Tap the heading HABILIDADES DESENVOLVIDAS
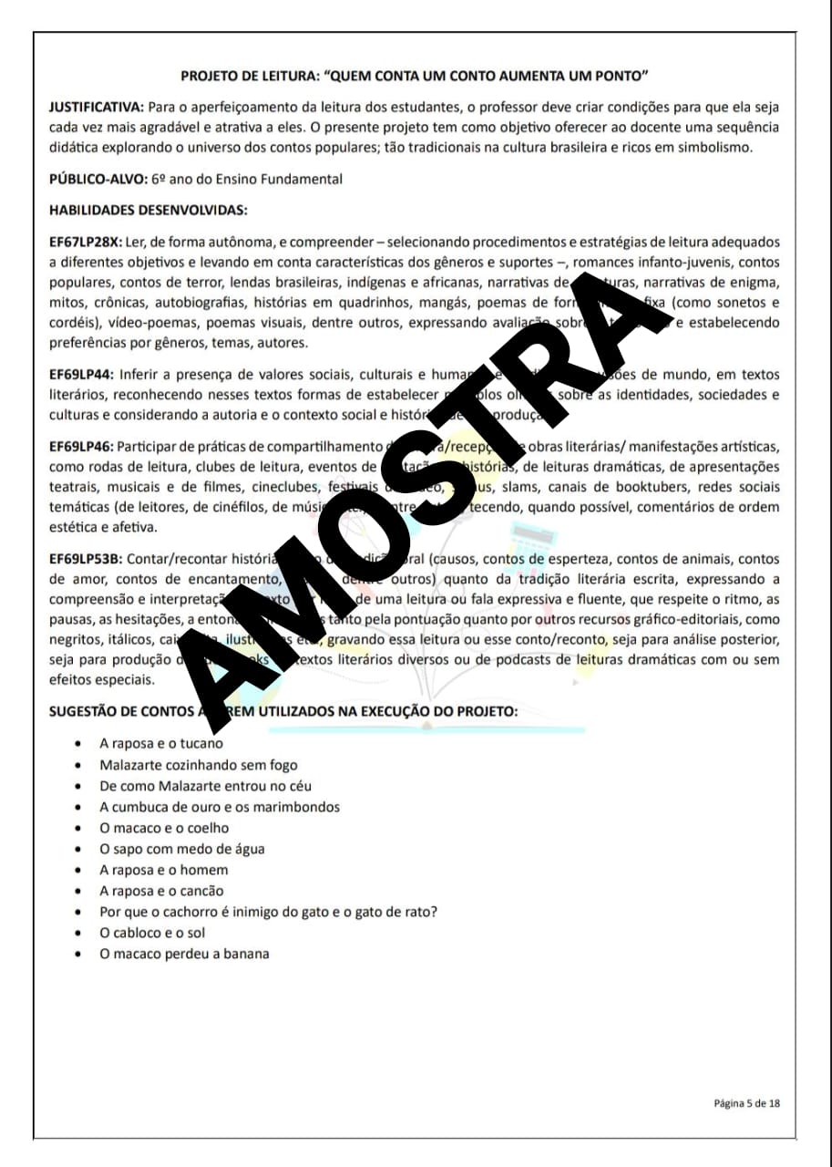point(148,211)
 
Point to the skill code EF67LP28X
point(85,243)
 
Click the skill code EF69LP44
point(82,375)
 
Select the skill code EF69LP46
point(82,446)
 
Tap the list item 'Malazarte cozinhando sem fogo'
point(199,765)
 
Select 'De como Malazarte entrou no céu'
point(206,786)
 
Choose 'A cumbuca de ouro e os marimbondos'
point(220,807)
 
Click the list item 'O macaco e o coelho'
point(164,828)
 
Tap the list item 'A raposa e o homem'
point(164,870)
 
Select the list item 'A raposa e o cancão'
point(161,891)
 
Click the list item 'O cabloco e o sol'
point(153,933)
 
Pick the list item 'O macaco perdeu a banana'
point(184,954)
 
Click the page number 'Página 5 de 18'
point(746,1103)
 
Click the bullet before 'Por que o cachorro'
point(81,913)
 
